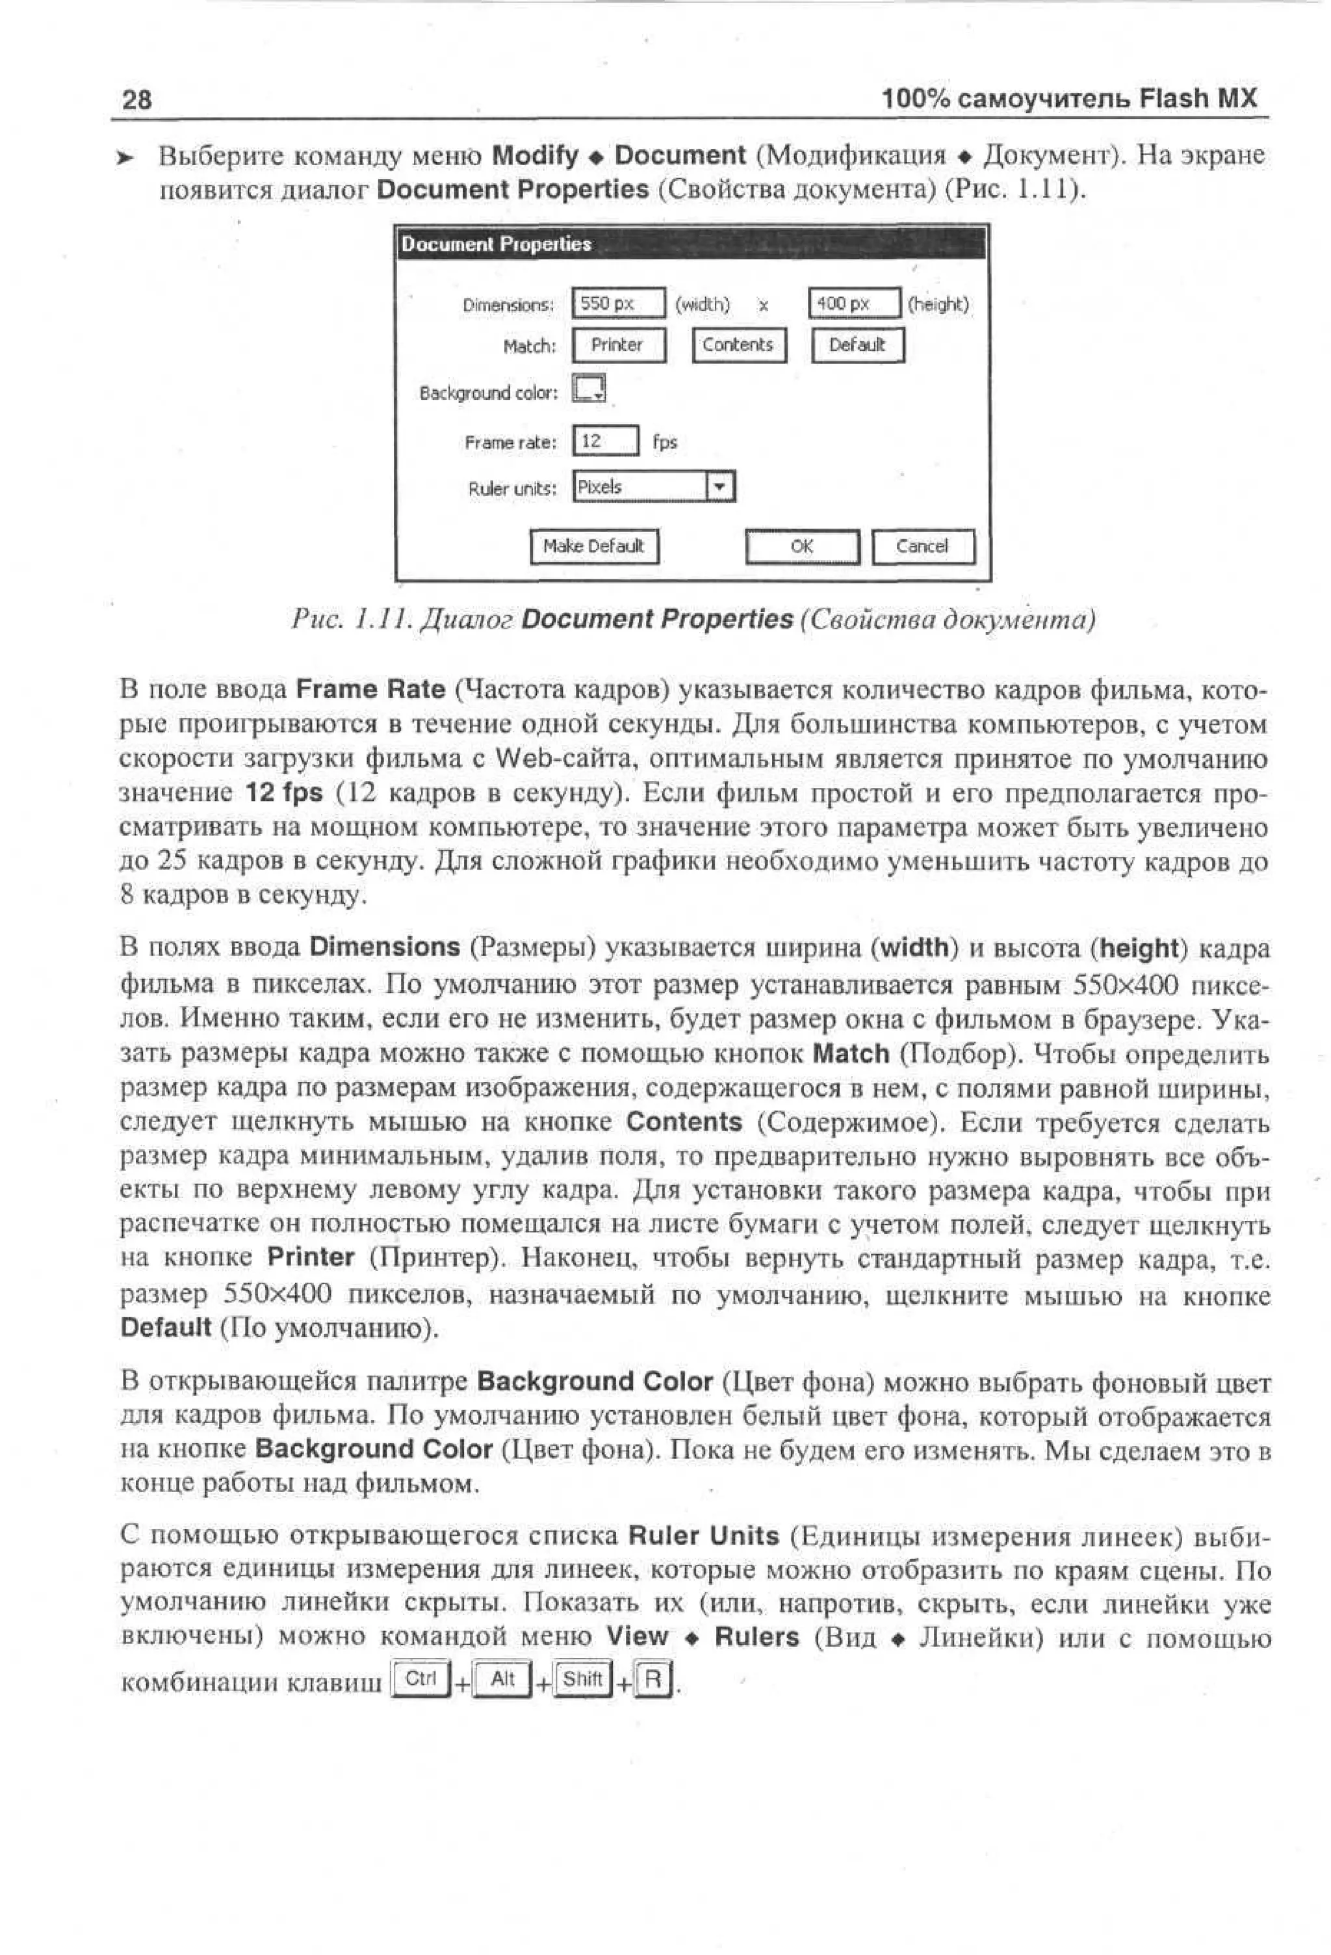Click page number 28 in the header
tap(137, 99)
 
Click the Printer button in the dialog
tap(618, 345)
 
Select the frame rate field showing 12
tap(604, 441)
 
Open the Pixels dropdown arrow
tap(719, 486)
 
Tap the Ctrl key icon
tap(420, 1678)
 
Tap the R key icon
tap(653, 1679)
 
